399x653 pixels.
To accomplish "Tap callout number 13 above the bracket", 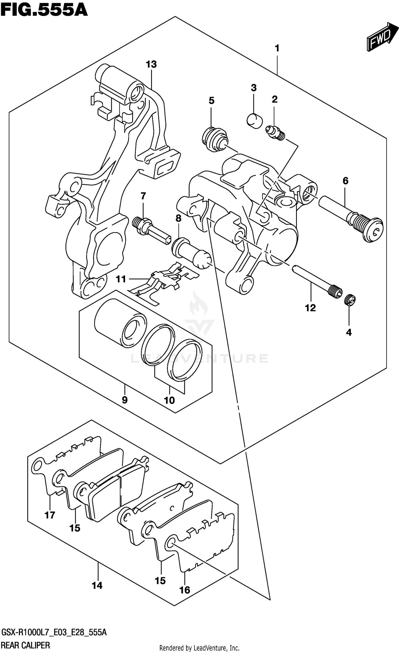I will click(x=151, y=64).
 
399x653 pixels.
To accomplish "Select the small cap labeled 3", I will click(x=254, y=121).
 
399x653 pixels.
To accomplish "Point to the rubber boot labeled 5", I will click(x=215, y=139).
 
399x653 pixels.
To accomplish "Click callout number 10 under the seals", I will click(x=169, y=400).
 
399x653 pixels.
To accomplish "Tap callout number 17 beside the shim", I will click(x=50, y=515).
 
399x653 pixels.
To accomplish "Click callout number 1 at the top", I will click(x=277, y=48).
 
